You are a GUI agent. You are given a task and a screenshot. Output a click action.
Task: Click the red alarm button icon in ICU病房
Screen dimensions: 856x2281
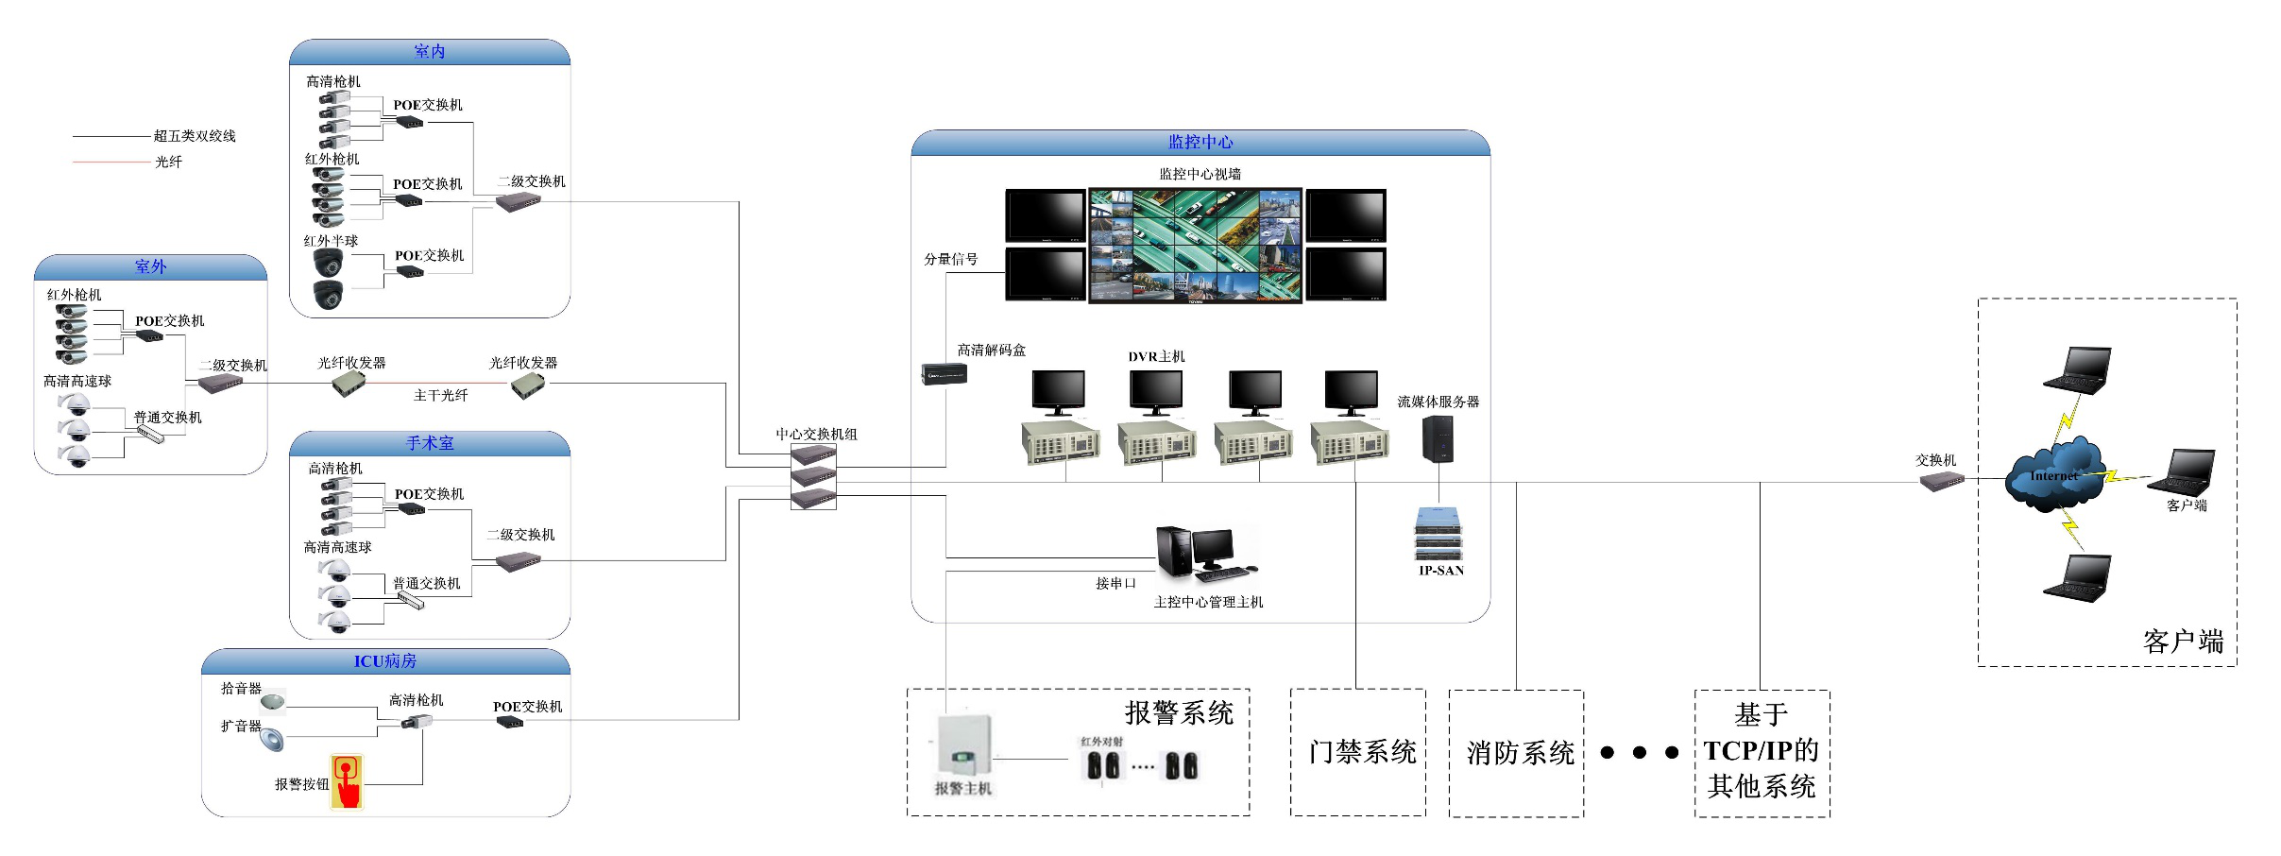click(347, 780)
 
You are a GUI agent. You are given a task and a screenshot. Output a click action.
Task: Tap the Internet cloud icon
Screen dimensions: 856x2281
click(2055, 475)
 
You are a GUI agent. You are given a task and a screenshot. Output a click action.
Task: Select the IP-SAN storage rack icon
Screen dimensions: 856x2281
click(1438, 534)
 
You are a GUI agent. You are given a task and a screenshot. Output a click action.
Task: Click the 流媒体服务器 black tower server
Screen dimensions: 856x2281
click(1438, 438)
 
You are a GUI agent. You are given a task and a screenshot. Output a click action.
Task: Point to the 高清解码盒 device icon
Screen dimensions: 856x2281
click(944, 373)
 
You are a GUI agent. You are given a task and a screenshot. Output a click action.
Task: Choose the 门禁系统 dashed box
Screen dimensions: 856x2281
click(1358, 752)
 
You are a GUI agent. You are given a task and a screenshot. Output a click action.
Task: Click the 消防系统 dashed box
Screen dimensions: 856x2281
click(1516, 753)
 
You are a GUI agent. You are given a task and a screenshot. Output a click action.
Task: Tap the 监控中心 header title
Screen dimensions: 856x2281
click(1200, 143)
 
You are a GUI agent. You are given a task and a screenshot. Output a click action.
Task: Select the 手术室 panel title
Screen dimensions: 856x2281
click(430, 443)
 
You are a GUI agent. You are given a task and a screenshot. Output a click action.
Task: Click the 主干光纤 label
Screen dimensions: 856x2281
click(441, 396)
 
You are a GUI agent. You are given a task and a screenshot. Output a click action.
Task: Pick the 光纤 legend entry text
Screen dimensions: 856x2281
click(169, 163)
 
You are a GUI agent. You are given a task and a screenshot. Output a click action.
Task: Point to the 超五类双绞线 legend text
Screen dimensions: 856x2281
click(195, 136)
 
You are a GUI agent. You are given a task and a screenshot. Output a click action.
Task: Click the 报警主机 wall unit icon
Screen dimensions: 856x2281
click(962, 745)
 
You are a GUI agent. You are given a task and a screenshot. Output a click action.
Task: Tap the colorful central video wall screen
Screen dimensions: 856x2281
click(1195, 245)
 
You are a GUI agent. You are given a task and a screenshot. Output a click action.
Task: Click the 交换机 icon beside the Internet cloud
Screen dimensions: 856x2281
click(1941, 481)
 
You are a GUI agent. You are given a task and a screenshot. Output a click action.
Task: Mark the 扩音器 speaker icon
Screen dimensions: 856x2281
click(272, 739)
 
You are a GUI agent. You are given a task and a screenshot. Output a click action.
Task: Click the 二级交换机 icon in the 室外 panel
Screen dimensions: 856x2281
click(220, 384)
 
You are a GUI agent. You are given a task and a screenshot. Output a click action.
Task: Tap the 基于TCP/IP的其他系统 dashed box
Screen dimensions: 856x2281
click(1762, 753)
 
